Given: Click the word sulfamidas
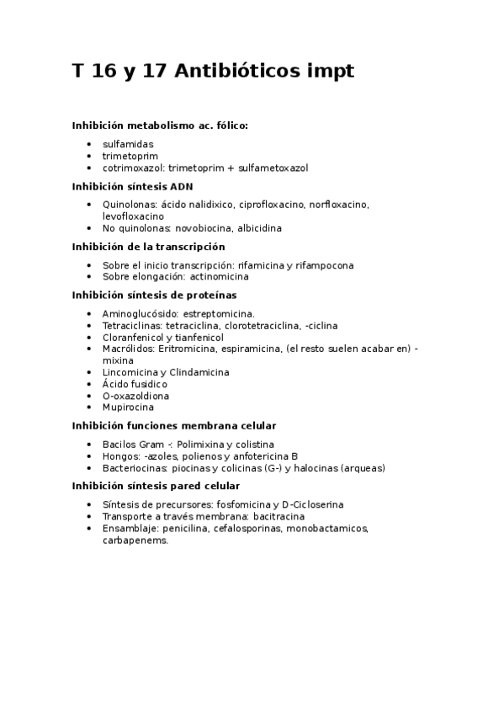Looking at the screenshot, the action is click(x=128, y=144).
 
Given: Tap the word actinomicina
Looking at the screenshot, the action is click(x=219, y=276).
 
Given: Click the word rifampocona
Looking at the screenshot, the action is click(x=326, y=265).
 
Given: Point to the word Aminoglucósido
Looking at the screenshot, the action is click(x=138, y=313).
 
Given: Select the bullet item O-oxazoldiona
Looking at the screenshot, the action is click(x=135, y=396).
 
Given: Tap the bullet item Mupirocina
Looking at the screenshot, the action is click(x=129, y=408).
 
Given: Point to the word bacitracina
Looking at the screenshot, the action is click(x=277, y=516).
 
